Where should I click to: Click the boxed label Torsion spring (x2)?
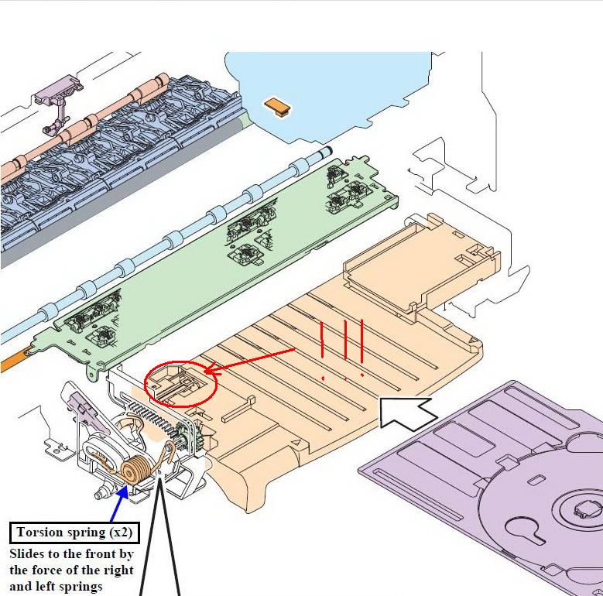(74, 533)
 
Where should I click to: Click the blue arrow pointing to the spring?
(120, 503)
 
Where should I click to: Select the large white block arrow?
(408, 413)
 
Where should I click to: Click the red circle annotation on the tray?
(181, 384)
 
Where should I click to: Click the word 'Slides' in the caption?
(26, 554)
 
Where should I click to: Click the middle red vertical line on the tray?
(346, 341)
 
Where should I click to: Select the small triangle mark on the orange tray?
(296, 443)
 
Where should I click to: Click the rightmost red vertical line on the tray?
(361, 341)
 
